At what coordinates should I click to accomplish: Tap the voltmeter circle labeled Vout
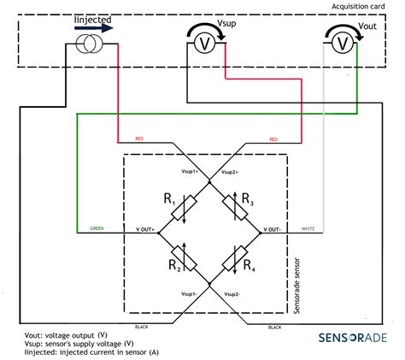point(339,42)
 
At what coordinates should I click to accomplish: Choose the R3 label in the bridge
point(248,200)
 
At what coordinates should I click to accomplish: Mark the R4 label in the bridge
point(248,266)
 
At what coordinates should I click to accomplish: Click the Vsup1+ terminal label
point(185,172)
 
